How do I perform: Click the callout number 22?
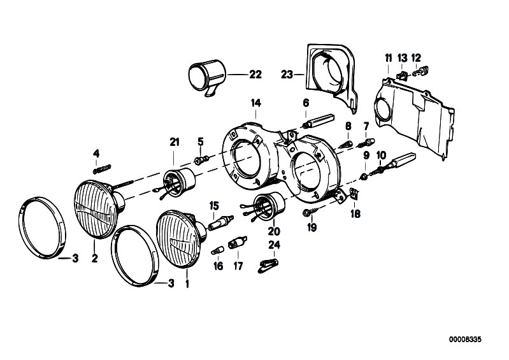pyautogui.click(x=255, y=75)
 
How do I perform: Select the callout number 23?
pyautogui.click(x=287, y=75)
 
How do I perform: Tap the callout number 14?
pyautogui.click(x=256, y=103)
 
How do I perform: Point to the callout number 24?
pyautogui.click(x=274, y=245)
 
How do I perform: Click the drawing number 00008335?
pyautogui.click(x=465, y=340)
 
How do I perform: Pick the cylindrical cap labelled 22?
pyautogui.click(x=207, y=77)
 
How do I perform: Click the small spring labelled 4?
pyautogui.click(x=102, y=169)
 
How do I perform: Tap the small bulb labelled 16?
pyautogui.click(x=217, y=250)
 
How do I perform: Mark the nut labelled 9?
pyautogui.click(x=364, y=176)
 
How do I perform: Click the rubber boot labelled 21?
pyautogui.click(x=178, y=183)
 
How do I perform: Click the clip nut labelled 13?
pyautogui.click(x=402, y=76)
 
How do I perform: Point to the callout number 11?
pyautogui.click(x=388, y=59)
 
